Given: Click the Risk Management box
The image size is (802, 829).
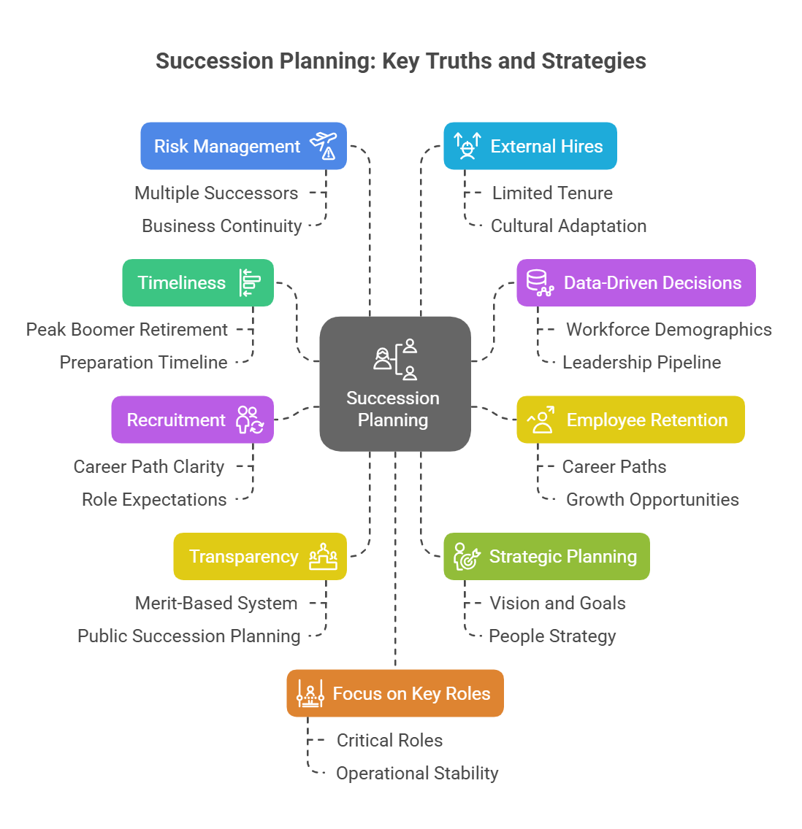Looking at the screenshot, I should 243,146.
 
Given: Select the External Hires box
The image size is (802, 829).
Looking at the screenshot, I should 530,146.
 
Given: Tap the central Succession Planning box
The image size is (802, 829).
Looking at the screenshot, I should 394,384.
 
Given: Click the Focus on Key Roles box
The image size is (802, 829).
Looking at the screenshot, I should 395,693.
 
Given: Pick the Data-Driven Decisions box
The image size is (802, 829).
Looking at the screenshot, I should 635,282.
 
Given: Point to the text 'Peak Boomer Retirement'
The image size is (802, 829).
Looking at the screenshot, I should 127,330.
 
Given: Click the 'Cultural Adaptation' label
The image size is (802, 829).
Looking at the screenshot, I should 568,226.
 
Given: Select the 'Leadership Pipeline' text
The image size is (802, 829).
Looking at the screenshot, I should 641,363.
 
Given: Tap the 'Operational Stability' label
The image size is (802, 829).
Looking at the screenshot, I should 417,774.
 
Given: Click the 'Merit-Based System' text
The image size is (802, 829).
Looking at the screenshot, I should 216,604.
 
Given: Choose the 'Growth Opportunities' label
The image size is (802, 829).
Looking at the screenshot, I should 652,500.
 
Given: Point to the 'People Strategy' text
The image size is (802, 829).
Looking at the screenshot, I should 552,636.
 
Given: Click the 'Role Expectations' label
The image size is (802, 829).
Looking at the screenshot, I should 154,500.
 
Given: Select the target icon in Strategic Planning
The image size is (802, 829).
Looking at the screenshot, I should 466,557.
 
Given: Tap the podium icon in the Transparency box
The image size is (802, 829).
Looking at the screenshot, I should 323,557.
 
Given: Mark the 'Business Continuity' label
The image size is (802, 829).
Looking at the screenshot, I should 221,226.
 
